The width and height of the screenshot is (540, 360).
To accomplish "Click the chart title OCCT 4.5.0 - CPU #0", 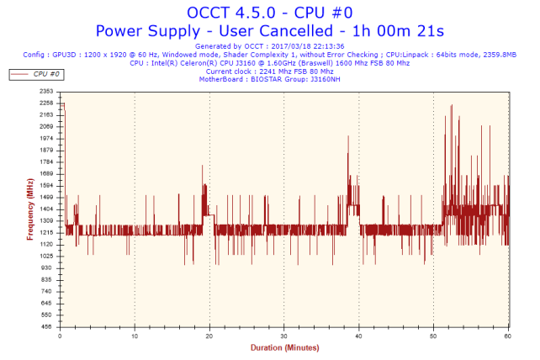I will coord(269,12).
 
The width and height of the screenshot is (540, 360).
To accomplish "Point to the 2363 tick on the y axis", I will coord(46,91).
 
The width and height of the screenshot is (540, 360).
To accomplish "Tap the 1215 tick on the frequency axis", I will coord(46,232).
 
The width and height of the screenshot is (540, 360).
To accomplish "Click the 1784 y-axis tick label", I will coord(46,161).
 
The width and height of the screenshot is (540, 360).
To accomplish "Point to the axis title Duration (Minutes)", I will coord(284,347).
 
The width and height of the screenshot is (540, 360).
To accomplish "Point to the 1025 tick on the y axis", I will coord(46,256).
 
